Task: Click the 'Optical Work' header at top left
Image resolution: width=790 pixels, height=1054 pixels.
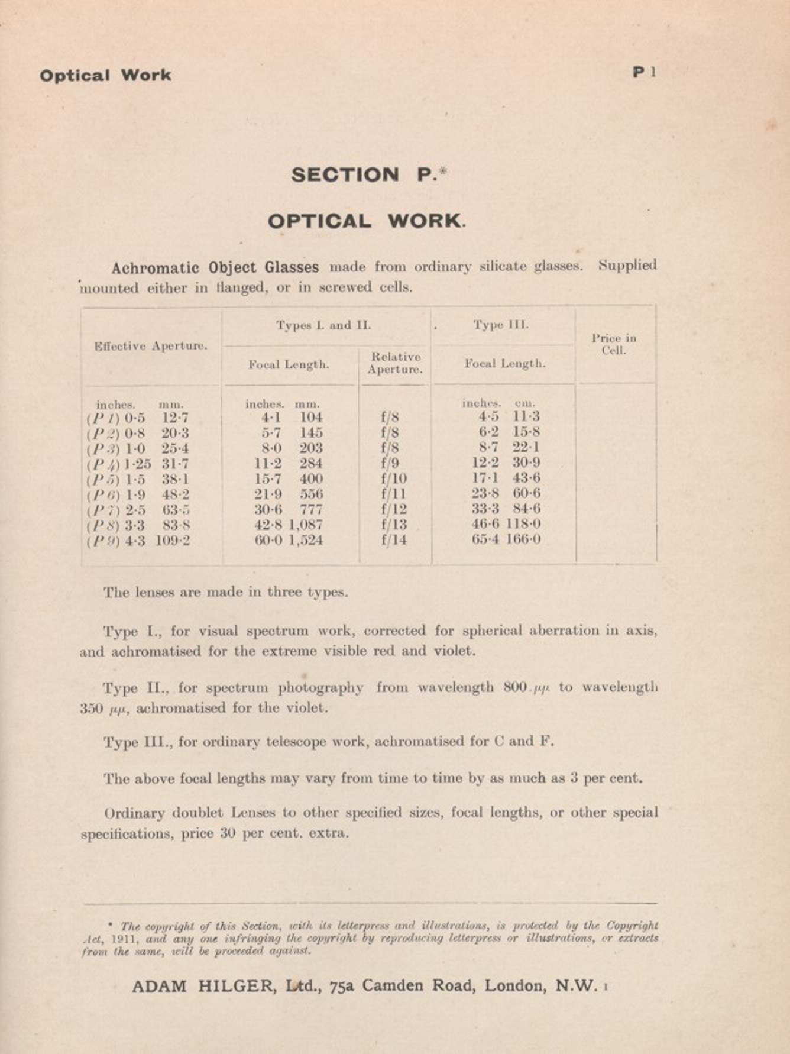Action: coord(105,76)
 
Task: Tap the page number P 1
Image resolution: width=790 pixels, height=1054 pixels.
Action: coord(645,72)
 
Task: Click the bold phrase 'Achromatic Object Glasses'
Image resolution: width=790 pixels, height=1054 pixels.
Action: coord(215,267)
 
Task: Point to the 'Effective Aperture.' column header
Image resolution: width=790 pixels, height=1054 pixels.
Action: coord(151,346)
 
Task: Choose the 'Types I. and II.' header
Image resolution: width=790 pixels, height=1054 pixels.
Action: coord(323,325)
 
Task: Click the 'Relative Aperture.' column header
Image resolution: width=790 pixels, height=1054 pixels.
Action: coord(395,363)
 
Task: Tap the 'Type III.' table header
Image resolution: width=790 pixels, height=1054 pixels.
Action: coord(501,325)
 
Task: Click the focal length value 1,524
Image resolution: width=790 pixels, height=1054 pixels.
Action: coord(306,540)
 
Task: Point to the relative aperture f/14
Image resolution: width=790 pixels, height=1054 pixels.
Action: coord(394,540)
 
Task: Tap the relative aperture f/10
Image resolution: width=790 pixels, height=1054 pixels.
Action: coord(394,478)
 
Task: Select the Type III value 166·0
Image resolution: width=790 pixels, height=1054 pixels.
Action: coord(523,539)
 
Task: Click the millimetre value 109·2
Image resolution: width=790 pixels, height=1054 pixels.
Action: coord(173,541)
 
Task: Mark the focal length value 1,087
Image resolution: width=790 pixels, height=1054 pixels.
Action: coord(306,525)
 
